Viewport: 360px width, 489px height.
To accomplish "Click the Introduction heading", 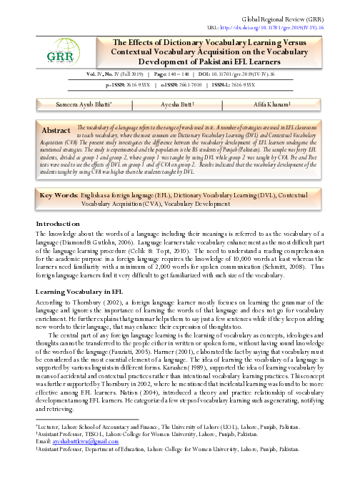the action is pyautogui.click(x=59, y=223).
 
